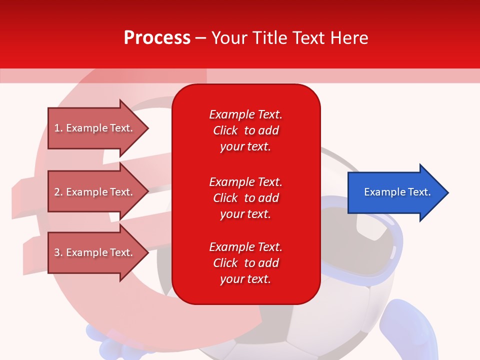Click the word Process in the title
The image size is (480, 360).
157,38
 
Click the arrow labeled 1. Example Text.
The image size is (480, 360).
98,128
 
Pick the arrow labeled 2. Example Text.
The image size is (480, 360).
98,191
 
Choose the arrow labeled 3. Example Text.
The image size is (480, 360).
98,252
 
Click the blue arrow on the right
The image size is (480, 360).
398,192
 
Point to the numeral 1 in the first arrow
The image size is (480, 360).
56,128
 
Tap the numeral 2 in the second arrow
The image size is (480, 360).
57,192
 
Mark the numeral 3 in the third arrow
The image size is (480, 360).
57,252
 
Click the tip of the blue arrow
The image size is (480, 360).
449,192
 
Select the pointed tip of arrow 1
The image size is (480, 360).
149,128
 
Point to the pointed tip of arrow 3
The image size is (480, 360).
149,252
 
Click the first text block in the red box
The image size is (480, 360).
246,130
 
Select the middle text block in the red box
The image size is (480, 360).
246,198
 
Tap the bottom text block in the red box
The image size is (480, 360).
246,263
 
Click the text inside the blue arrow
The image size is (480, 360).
397,192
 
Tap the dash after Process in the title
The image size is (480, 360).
200,38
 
